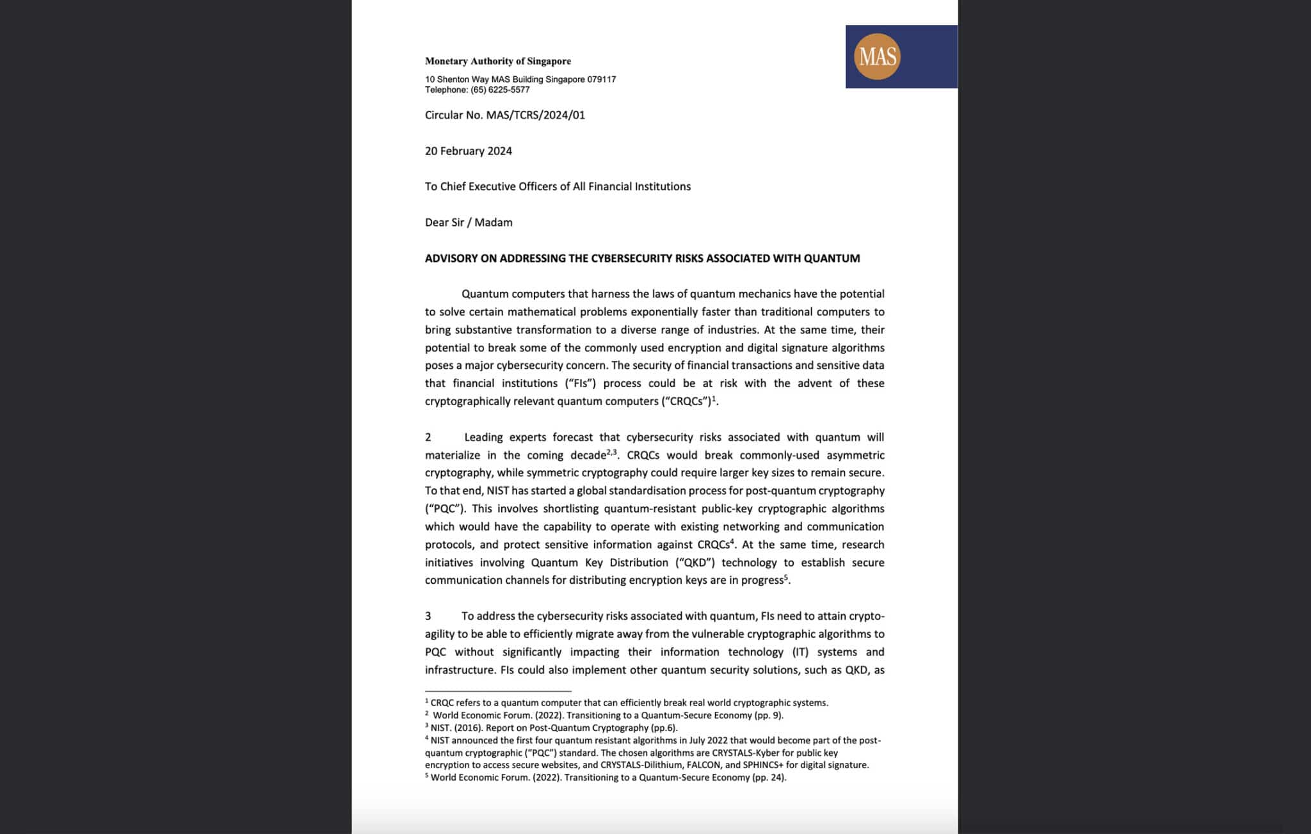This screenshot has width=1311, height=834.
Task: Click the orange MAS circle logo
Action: (876, 56)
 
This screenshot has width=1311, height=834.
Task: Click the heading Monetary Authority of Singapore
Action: (497, 61)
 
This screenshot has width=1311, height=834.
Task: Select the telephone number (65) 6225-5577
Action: (500, 90)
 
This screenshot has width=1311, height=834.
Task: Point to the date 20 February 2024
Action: (468, 151)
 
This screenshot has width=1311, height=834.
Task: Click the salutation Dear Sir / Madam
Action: (468, 223)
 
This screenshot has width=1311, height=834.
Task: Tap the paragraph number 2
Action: (428, 437)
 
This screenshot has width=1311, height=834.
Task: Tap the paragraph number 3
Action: (428, 616)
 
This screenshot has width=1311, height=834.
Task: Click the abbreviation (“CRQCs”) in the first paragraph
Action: (686, 401)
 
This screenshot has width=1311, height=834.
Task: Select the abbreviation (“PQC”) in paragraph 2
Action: (446, 509)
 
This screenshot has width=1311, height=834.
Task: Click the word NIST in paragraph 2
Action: (497, 491)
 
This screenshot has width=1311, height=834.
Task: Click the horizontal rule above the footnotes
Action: (497, 691)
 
